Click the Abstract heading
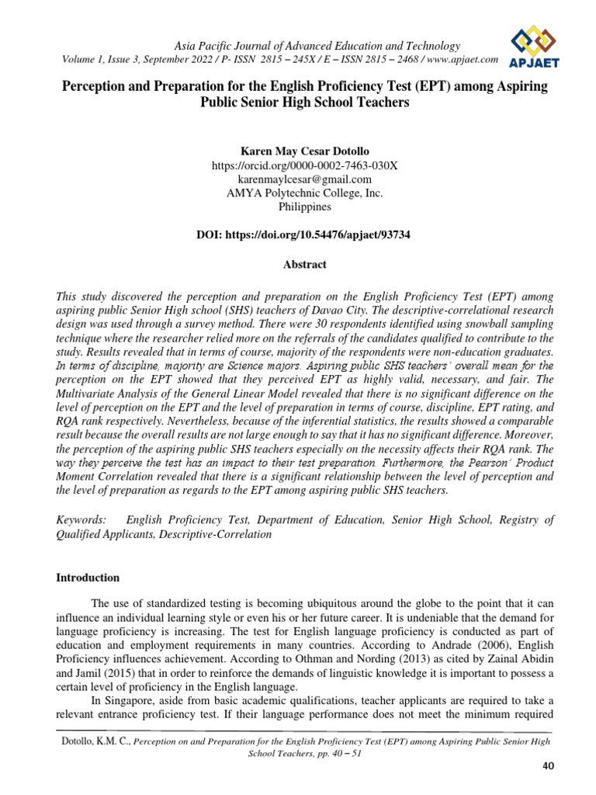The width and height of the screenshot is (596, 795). point(304,265)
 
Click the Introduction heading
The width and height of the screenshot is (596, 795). point(88,578)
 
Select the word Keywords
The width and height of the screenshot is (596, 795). point(81,519)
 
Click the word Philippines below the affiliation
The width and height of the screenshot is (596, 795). point(304,207)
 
